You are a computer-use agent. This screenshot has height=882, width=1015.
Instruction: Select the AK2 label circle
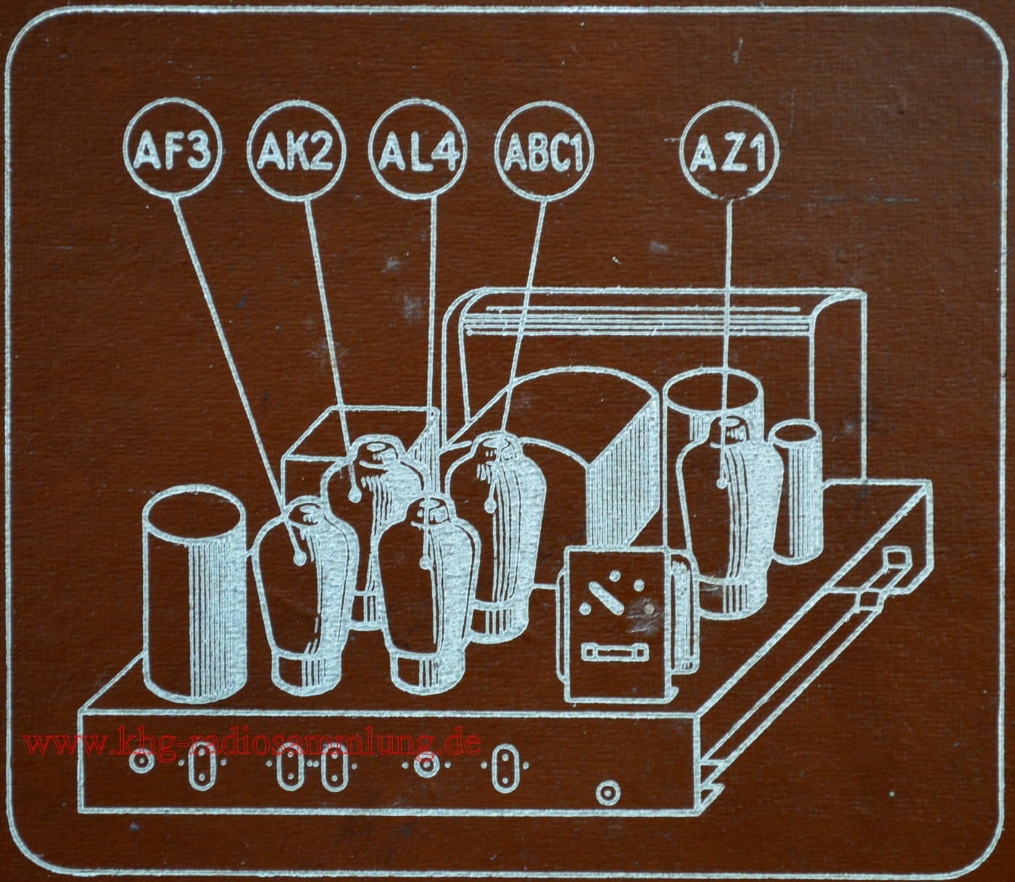(x=296, y=151)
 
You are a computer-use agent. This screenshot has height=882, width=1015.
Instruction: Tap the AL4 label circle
(x=420, y=151)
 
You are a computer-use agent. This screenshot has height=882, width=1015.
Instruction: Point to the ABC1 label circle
(x=544, y=151)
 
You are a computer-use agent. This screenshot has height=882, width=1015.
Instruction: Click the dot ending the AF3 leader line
(x=299, y=559)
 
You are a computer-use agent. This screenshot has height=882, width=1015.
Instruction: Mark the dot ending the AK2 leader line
(x=355, y=495)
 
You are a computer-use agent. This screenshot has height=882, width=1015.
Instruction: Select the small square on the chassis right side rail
(x=895, y=559)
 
